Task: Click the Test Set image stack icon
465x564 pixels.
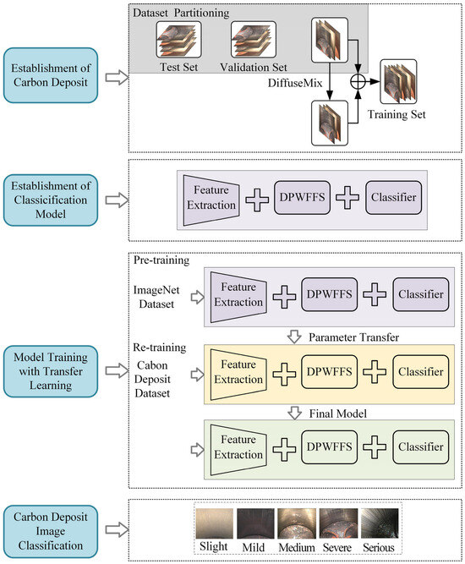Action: [178, 40]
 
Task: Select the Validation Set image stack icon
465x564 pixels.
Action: [254, 40]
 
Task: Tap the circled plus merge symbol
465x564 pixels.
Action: [358, 82]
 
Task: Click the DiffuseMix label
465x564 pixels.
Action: [295, 83]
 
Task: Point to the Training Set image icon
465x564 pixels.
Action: [398, 82]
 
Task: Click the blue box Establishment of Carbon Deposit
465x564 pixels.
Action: [51, 75]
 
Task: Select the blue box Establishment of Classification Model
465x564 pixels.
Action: [51, 200]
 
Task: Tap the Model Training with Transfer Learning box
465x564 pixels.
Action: [51, 371]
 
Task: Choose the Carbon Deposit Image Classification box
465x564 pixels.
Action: [51, 531]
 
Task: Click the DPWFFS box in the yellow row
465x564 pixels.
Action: [330, 372]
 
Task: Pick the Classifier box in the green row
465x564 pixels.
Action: [421, 447]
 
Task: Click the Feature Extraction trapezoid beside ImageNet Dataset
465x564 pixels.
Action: [238, 297]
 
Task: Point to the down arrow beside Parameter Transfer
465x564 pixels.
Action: [294, 337]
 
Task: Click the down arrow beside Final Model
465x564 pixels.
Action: [294, 413]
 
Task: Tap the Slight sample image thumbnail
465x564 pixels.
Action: [215, 523]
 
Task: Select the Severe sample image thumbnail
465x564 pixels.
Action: [338, 523]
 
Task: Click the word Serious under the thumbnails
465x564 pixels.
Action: [378, 547]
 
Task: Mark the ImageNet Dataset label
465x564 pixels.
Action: [156, 297]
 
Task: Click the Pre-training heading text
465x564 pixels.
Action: [161, 260]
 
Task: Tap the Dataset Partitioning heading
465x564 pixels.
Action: [181, 13]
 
